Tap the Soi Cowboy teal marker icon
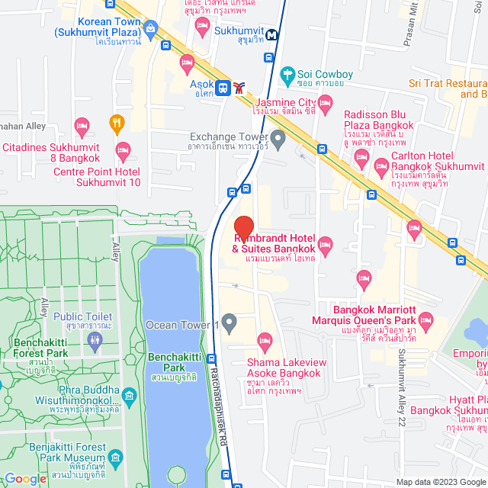[287, 75]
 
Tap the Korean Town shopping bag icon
[150, 30]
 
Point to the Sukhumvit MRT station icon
[272, 34]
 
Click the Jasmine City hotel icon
[326, 101]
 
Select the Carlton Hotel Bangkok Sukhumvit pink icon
[361, 160]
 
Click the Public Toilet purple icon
[95, 342]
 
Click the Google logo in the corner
[24, 478]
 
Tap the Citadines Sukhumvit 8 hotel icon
[82, 125]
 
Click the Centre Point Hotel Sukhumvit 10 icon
[122, 149]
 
